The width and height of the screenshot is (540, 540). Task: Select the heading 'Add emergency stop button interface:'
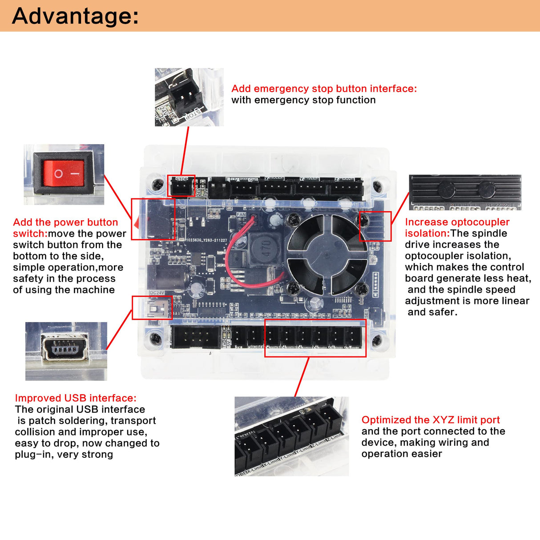point(324,89)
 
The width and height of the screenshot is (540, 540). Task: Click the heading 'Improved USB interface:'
point(76,398)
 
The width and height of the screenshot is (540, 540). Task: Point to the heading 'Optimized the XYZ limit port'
point(430,420)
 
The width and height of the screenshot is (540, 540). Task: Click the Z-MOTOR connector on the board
point(346,189)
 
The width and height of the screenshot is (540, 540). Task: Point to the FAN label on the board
point(241,214)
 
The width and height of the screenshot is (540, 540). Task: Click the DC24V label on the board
point(157,293)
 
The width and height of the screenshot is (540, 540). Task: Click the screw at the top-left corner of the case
point(157,184)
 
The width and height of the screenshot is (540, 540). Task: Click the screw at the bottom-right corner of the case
point(377,341)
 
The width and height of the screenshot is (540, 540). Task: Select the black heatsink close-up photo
point(465,192)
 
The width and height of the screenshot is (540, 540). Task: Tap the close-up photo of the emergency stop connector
point(189,97)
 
